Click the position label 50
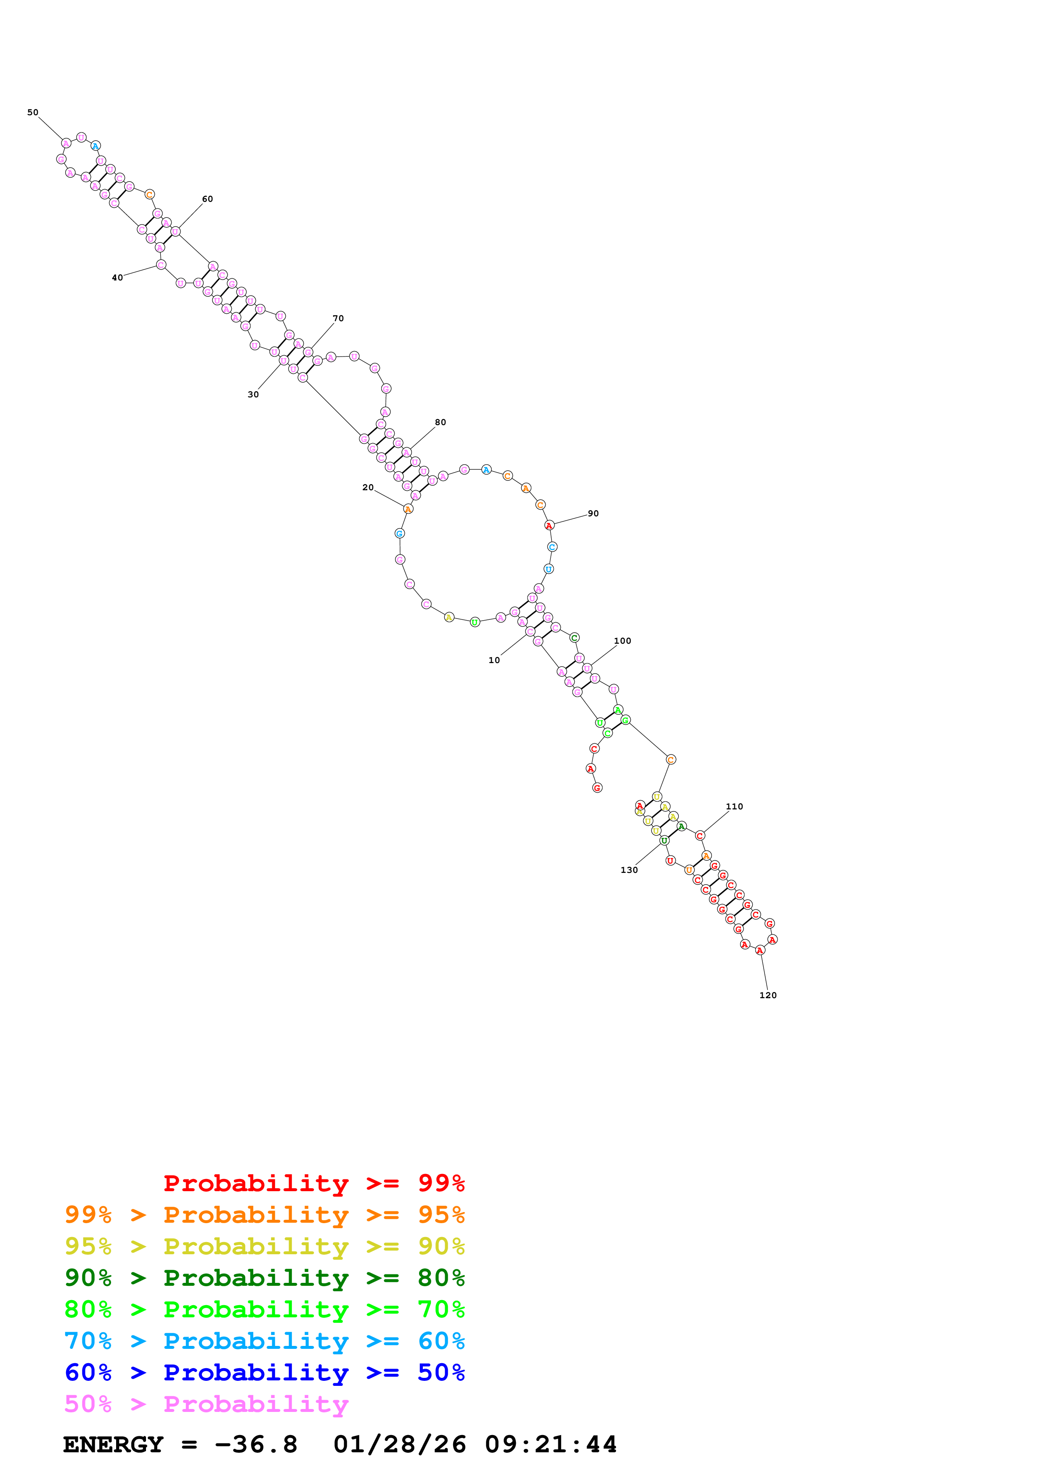point(33,112)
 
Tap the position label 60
point(207,199)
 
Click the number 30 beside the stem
point(253,394)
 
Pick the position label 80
point(440,422)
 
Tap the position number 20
point(368,488)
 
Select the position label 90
point(593,513)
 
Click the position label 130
point(629,870)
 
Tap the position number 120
point(768,995)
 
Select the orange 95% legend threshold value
point(441,1214)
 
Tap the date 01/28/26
point(400,1444)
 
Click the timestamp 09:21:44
point(551,1444)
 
